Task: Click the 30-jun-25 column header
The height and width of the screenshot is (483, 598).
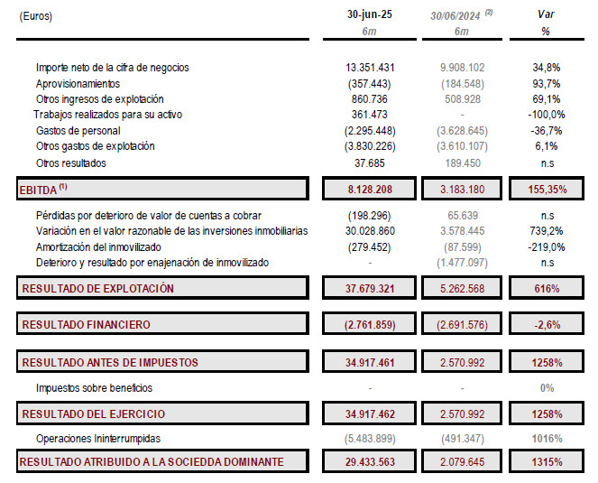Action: click(371, 15)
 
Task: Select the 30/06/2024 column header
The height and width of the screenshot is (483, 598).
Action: click(457, 15)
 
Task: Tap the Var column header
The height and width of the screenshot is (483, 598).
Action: click(545, 15)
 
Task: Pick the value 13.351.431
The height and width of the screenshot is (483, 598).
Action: click(371, 68)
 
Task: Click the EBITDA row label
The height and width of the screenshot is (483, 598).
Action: click(43, 190)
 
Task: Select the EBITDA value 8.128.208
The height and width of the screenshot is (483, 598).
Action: click(371, 190)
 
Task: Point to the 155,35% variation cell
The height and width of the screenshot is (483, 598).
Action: click(545, 190)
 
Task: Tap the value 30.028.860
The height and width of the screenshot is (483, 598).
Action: click(371, 231)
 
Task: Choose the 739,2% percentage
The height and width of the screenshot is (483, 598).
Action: click(545, 231)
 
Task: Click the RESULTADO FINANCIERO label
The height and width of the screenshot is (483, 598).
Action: click(86, 324)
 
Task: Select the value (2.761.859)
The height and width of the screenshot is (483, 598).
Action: click(371, 324)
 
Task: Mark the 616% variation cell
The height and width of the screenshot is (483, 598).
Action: click(545, 289)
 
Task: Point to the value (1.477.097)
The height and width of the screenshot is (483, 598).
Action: click(461, 262)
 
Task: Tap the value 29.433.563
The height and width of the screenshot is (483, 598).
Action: click(371, 461)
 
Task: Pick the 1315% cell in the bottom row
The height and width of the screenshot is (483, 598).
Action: click(545, 461)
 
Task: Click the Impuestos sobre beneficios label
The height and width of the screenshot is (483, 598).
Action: click(94, 387)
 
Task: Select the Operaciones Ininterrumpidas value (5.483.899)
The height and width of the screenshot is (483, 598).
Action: click(371, 438)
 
